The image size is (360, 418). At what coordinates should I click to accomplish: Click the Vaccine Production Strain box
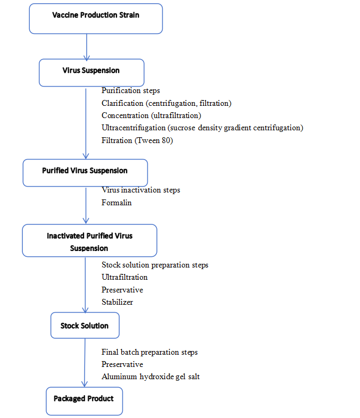pos(96,19)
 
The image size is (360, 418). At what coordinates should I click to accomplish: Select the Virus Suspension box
pos(91,73)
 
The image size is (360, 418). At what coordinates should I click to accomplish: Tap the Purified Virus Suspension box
pos(85,173)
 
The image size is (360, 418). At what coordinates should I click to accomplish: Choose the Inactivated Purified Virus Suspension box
pos(89,240)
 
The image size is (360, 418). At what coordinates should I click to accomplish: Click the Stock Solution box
pos(85,325)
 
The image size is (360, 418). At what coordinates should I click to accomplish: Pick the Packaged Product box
pos(85,401)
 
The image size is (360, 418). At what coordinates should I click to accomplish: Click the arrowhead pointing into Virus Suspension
pos(87,58)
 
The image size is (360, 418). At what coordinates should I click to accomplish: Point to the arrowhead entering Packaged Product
pos(85,384)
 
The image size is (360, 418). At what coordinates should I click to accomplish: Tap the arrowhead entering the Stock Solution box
pos(85,310)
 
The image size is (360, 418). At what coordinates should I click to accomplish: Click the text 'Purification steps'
pos(131,90)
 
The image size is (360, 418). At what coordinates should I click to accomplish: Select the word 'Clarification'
pos(122,103)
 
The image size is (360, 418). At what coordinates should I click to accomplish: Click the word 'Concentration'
pos(125,115)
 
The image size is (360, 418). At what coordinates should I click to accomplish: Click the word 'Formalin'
pos(116,203)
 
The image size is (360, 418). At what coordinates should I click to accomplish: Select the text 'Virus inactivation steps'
pos(141,190)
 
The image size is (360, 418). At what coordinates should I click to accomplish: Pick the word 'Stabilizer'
pos(117,302)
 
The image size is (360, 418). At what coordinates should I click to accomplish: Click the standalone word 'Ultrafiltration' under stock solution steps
pos(124,277)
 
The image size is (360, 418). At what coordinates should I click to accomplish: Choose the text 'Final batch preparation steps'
pos(149,352)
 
